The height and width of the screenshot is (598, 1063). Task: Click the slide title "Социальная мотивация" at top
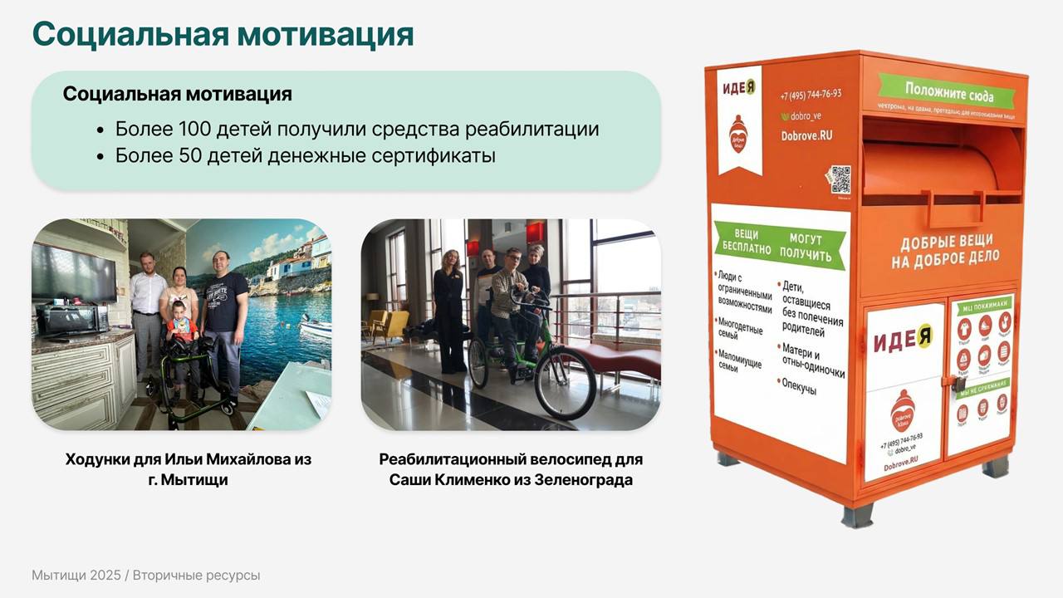pos(223,35)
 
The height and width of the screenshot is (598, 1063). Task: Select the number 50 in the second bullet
pos(190,155)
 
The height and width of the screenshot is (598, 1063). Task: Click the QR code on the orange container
pos(840,179)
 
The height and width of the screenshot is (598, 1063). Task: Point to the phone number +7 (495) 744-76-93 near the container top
pos(811,94)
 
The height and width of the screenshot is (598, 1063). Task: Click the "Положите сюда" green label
pos(948,92)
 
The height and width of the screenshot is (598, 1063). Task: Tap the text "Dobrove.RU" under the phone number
pos(807,135)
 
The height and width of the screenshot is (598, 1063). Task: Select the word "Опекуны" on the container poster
pos(799,388)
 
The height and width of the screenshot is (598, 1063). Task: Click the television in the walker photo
pos(73,274)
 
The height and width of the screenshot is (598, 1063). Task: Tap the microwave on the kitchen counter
pos(71,319)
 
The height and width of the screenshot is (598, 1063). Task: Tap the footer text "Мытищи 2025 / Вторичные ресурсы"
pos(145,576)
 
